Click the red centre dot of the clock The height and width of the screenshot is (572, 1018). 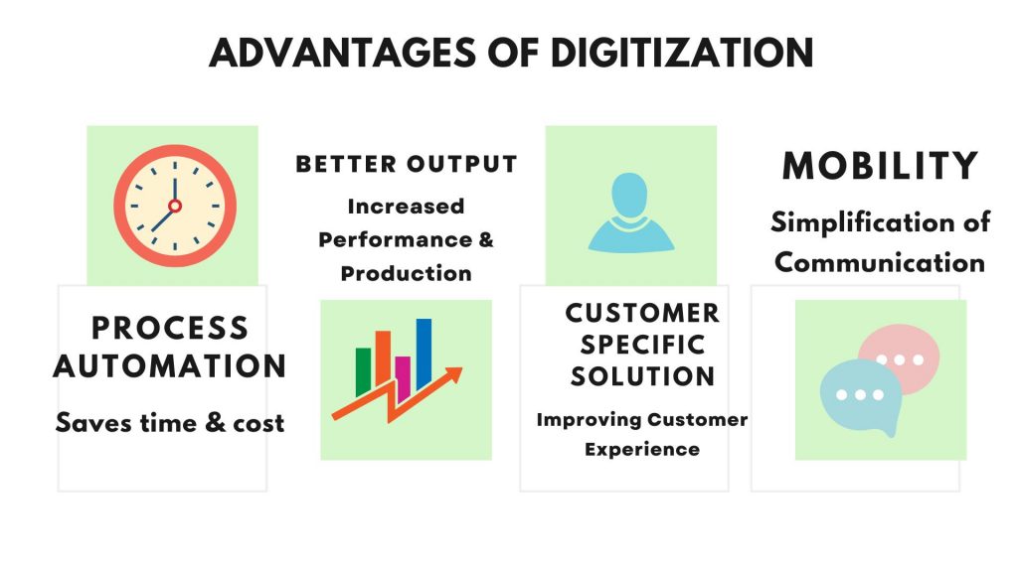tap(175, 206)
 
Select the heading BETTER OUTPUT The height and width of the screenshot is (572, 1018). tap(407, 164)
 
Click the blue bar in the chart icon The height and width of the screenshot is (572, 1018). tap(424, 352)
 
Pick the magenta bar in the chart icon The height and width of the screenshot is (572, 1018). tap(403, 376)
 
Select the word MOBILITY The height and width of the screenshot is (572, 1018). tap(880, 166)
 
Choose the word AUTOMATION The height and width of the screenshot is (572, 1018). tap(170, 365)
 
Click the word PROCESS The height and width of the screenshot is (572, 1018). tap(170, 327)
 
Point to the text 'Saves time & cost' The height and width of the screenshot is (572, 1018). tap(170, 423)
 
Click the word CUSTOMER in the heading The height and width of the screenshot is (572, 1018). tap(642, 314)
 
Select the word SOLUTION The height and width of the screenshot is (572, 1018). tap(642, 376)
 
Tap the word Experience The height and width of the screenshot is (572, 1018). tap(642, 450)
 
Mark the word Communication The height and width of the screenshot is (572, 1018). tap(880, 263)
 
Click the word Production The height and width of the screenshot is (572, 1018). tap(407, 273)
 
